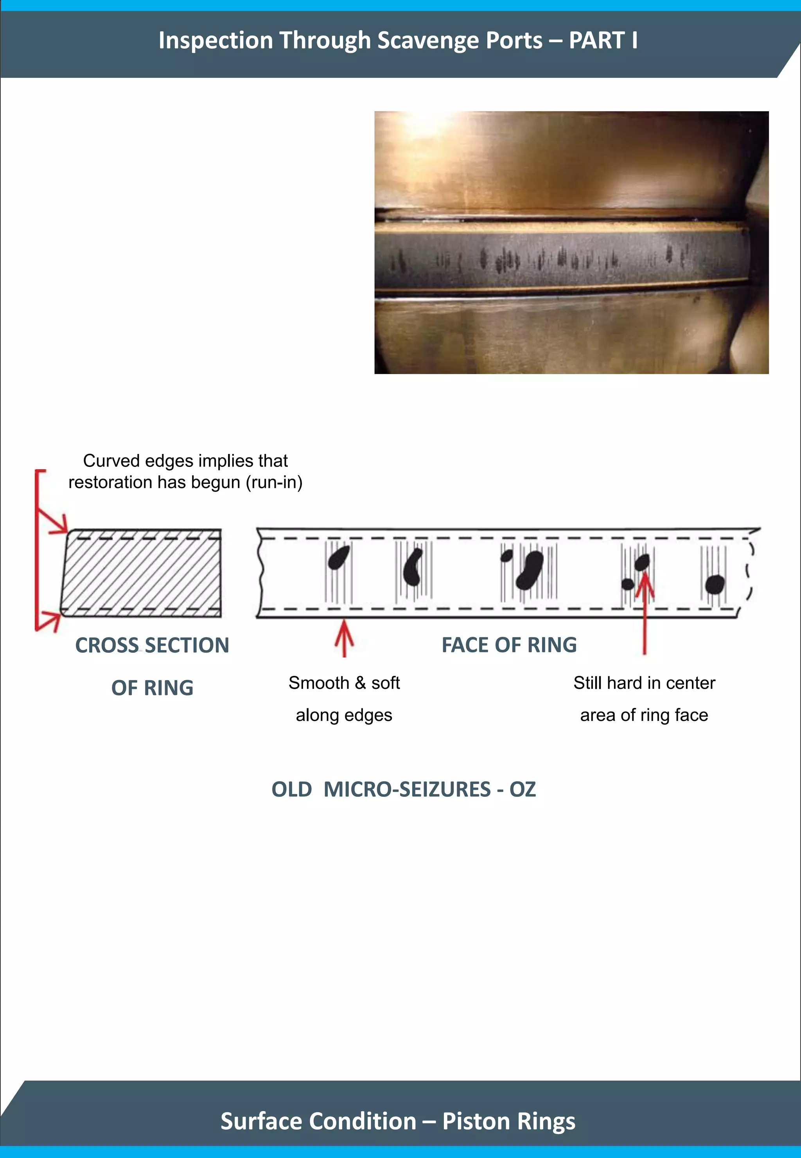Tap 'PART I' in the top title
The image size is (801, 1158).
click(603, 40)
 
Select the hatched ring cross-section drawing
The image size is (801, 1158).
click(142, 573)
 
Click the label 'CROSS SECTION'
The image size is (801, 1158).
click(152, 645)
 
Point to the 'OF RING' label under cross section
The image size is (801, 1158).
click(152, 688)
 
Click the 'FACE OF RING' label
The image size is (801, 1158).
click(509, 645)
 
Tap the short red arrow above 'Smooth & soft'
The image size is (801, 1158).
click(344, 638)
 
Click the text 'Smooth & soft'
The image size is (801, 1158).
click(344, 683)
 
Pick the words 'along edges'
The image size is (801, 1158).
click(344, 715)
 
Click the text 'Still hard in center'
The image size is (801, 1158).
click(645, 683)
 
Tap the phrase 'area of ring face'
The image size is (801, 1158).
click(645, 715)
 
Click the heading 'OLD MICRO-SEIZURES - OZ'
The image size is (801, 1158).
click(404, 789)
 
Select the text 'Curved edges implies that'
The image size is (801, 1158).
click(185, 461)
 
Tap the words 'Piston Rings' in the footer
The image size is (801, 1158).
click(509, 1121)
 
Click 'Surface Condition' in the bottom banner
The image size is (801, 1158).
click(318, 1121)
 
